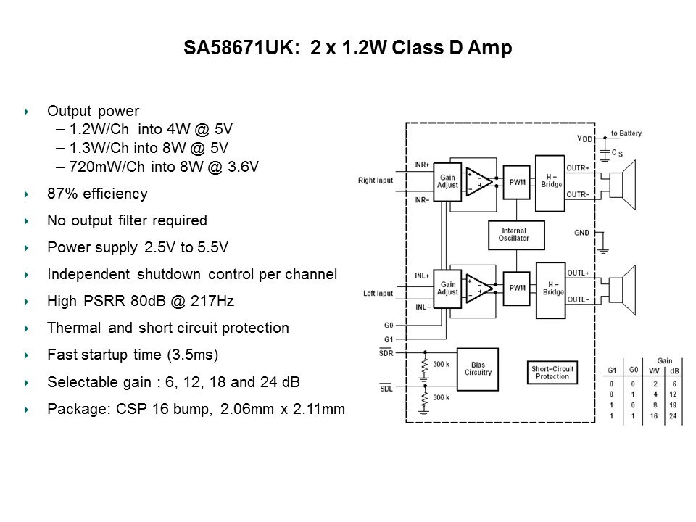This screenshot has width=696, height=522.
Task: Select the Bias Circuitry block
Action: point(478,368)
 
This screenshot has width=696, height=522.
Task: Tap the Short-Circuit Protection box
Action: point(552,373)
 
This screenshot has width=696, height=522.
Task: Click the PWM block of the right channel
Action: point(517,182)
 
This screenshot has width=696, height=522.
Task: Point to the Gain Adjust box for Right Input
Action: point(447,180)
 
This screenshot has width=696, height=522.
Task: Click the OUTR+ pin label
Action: point(577,167)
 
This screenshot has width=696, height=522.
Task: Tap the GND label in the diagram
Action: point(581,233)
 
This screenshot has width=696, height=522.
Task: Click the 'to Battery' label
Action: point(626,134)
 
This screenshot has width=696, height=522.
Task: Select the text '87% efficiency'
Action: point(97,194)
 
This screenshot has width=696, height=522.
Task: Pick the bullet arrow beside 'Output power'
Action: point(27,112)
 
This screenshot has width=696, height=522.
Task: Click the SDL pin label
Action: point(386,387)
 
